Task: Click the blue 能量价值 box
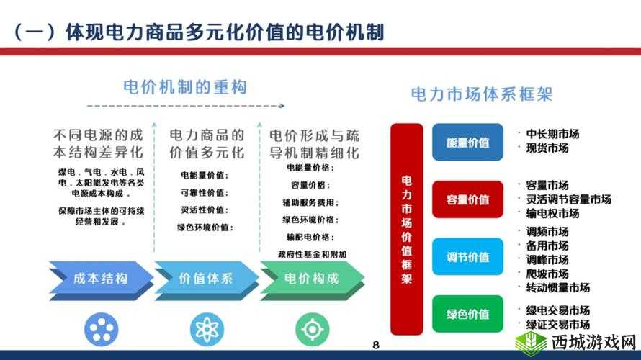coord(467,143)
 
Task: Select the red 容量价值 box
coord(467,199)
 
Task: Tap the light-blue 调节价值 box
coord(467,257)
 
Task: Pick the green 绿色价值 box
coord(467,314)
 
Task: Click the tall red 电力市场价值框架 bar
coord(407,229)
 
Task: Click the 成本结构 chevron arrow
coord(100,279)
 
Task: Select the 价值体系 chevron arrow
coord(206,279)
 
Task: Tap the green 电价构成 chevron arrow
coord(311,279)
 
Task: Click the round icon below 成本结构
coord(100,329)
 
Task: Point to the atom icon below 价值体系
coord(206,329)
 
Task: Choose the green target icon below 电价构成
coord(312,329)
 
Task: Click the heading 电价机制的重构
coord(185,88)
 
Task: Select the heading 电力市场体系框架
coord(481,94)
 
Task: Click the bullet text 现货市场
coord(547,148)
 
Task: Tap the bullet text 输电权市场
coord(552,214)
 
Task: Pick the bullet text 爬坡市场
coord(547,274)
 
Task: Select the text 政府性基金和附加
coord(312,253)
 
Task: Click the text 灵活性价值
coord(205,210)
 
